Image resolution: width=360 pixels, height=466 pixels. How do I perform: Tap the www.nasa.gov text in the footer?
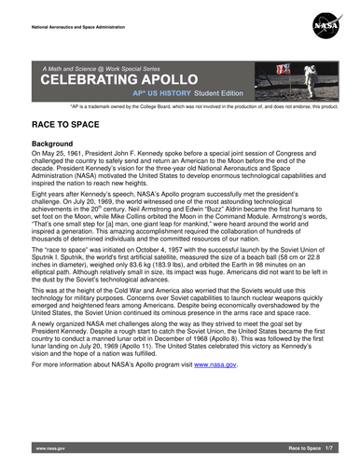(x=48, y=448)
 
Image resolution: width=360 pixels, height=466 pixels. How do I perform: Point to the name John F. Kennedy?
(x=160, y=153)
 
